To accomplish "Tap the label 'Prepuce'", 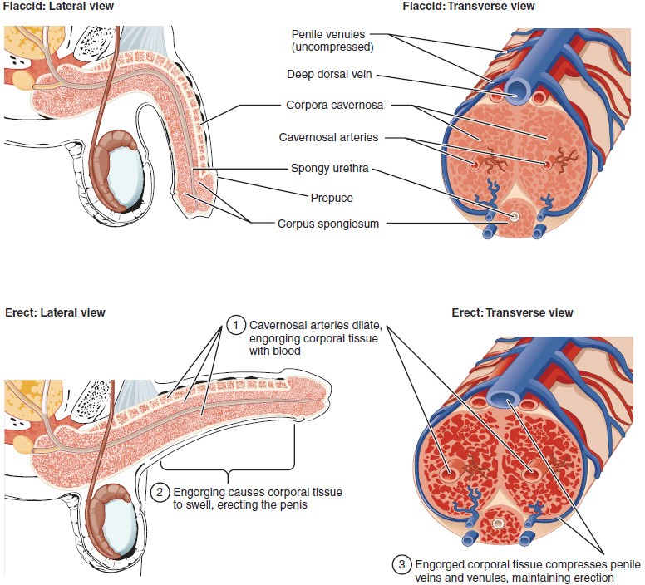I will (x=332, y=198).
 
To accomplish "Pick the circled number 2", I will (x=162, y=493).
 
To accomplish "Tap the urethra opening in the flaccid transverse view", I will (x=514, y=217).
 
